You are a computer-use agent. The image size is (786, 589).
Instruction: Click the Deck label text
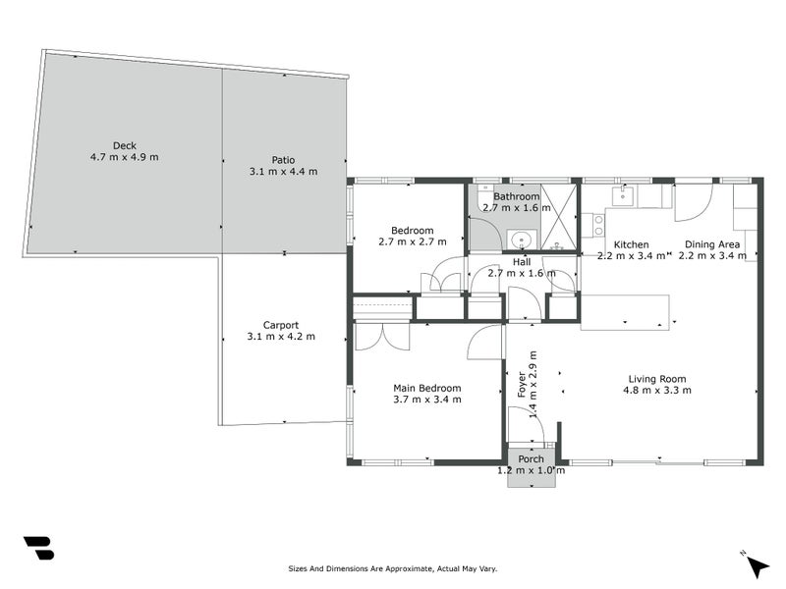tap(123, 144)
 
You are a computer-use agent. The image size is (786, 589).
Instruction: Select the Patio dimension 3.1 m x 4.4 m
tap(284, 172)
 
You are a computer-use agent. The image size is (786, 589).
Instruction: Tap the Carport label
tap(281, 325)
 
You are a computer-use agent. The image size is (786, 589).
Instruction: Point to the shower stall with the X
tap(560, 217)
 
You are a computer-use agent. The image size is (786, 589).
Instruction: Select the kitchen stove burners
tap(592, 225)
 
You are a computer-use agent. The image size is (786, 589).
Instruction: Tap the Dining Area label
tap(712, 244)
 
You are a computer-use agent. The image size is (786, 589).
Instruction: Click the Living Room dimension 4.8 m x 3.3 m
tap(657, 390)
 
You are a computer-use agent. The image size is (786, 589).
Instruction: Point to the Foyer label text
tap(522, 383)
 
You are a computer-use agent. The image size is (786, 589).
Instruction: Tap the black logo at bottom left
tap(38, 548)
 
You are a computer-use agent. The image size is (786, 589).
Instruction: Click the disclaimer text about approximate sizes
tap(392, 568)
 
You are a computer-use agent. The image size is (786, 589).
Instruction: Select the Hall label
tap(521, 262)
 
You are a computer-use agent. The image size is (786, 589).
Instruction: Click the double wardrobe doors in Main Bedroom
tap(382, 336)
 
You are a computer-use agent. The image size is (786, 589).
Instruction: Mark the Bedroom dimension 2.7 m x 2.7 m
tap(413, 241)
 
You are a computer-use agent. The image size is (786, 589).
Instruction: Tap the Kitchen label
tap(631, 244)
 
